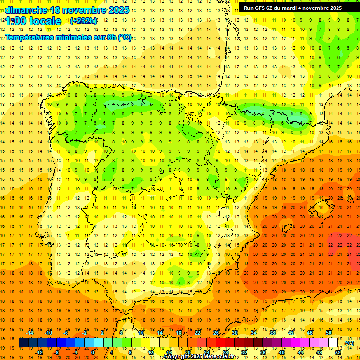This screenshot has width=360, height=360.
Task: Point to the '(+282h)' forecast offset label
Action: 83,21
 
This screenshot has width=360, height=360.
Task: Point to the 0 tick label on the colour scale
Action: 93,352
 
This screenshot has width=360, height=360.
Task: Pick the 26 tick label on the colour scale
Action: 216,333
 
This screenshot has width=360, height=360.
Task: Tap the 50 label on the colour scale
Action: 329,333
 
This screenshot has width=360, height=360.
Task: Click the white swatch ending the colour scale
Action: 333,343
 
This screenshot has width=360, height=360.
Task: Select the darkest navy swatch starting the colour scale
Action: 23,343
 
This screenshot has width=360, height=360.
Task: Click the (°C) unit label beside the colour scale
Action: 349,343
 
